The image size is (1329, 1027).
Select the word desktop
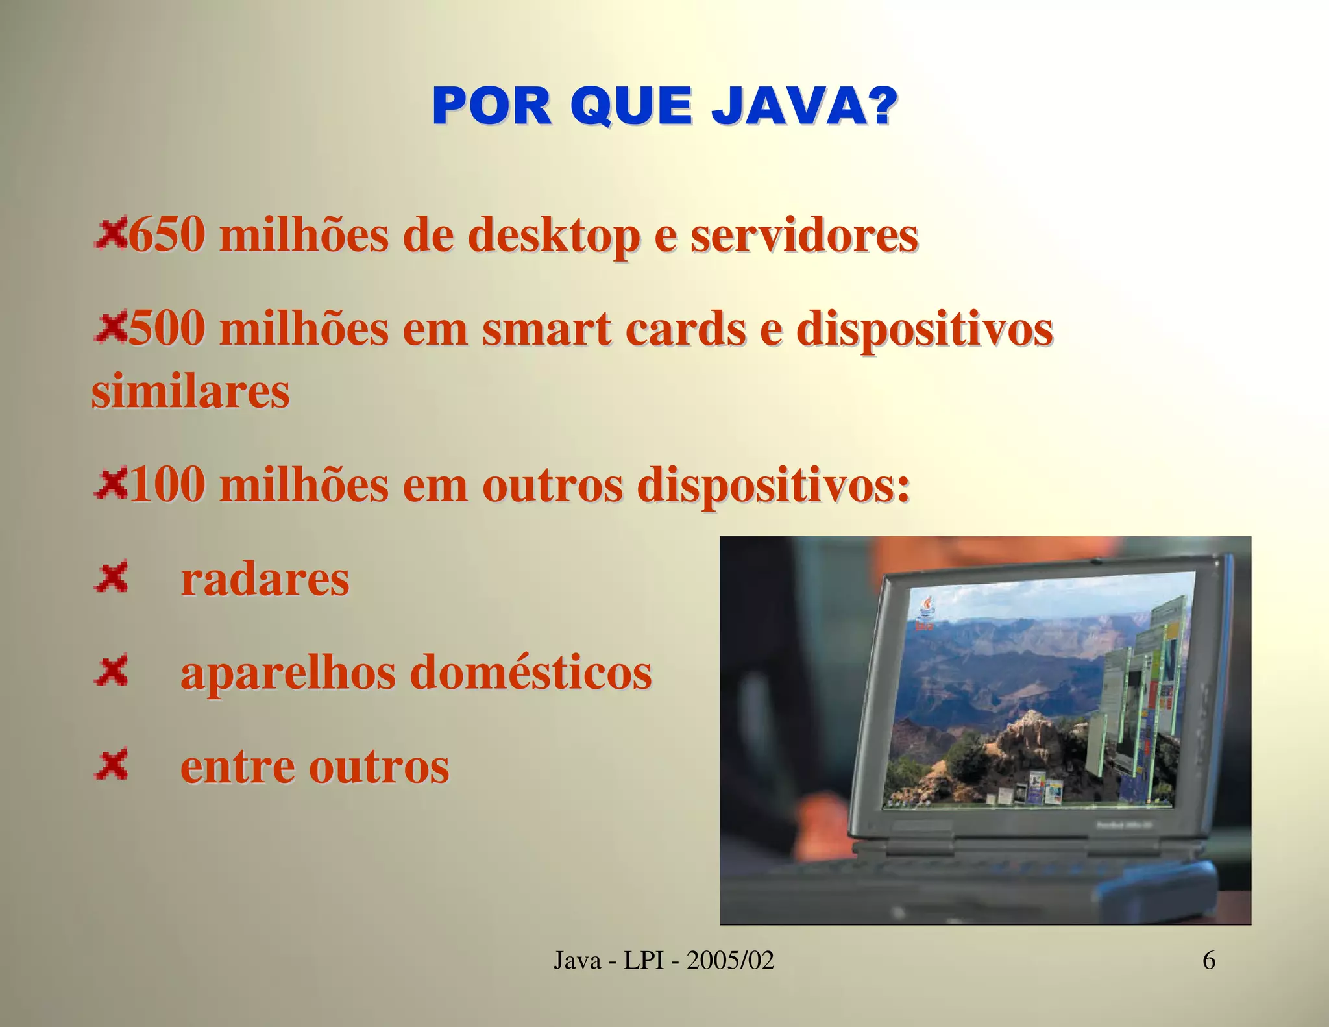tap(554, 236)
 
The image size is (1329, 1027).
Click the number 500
tap(167, 328)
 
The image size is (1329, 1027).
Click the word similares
tap(191, 391)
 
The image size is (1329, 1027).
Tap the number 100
tap(167, 485)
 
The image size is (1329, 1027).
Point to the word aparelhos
tap(287, 673)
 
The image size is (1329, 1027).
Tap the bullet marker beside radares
tap(112, 577)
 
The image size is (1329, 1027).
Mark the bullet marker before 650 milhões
tap(111, 234)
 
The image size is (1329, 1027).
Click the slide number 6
tap(1209, 960)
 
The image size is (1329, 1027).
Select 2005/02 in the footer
tap(731, 960)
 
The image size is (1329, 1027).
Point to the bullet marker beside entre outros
tap(112, 764)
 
